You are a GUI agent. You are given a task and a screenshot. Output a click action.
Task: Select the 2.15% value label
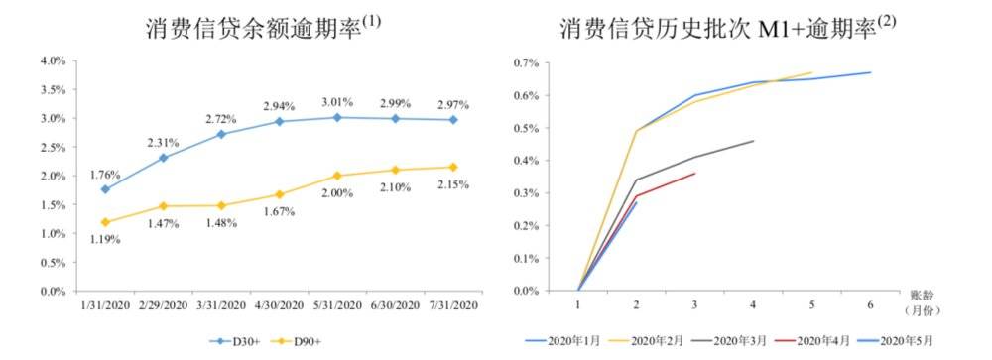[x=452, y=185]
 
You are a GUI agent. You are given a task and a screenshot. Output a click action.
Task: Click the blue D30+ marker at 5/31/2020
[x=336, y=117]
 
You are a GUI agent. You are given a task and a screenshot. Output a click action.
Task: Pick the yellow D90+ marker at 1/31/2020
[x=105, y=222]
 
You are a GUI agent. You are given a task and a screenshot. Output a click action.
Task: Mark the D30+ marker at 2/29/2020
[x=163, y=158]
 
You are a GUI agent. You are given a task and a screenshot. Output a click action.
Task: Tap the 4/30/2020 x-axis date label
[x=279, y=307]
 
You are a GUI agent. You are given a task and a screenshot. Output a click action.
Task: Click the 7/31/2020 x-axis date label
[x=452, y=307]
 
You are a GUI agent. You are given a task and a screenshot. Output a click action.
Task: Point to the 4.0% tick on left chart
[x=53, y=61]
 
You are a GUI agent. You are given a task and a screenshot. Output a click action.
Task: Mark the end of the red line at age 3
[x=695, y=174]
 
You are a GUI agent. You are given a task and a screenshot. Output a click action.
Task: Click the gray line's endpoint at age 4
[x=754, y=141]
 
